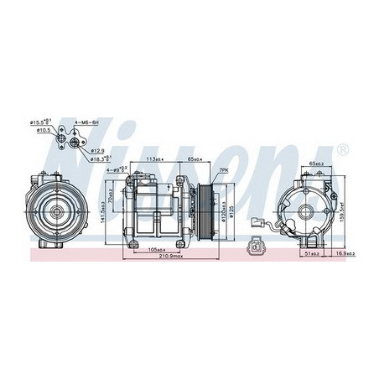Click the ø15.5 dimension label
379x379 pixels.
(x=39, y=122)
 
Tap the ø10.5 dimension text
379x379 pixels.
(x=40, y=131)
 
